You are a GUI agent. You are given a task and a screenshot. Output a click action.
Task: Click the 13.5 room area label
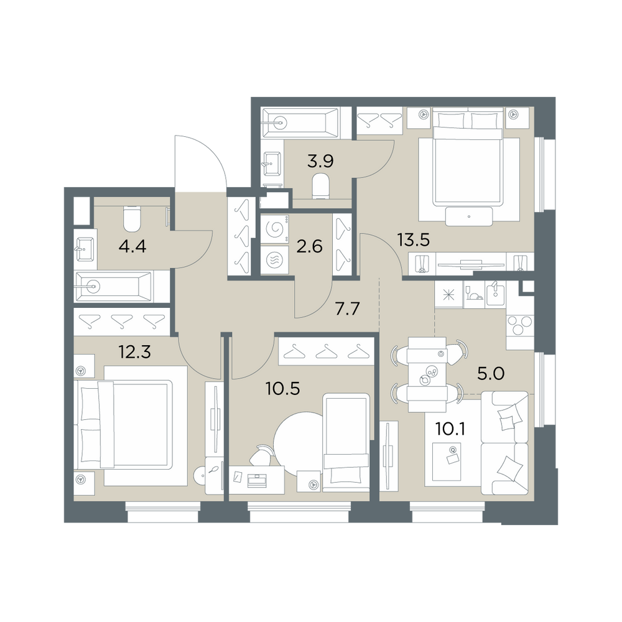tap(414, 240)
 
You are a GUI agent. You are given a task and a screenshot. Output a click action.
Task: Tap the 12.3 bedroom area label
tap(135, 351)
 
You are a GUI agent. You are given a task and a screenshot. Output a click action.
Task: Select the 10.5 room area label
tap(283, 389)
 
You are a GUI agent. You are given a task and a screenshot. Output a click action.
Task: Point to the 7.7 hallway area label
tap(348, 309)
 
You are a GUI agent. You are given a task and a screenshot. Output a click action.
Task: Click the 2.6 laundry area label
tap(309, 247)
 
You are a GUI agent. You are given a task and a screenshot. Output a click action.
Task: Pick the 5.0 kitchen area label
tap(491, 373)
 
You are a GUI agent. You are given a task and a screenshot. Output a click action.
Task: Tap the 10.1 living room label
tap(450, 429)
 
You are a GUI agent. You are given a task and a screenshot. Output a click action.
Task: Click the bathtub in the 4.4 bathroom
tap(114, 286)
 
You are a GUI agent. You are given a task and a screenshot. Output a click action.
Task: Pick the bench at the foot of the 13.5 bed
tap(469, 216)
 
